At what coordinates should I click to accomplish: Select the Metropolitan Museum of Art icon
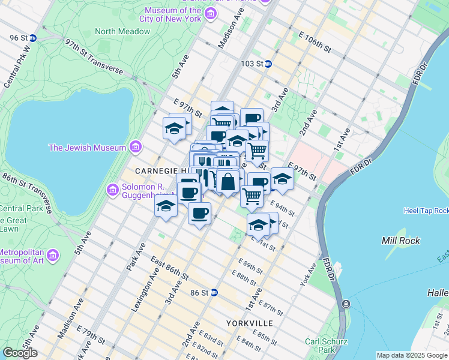(x=52, y=256)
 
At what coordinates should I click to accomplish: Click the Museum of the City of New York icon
(x=210, y=14)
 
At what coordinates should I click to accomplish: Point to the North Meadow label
(x=122, y=31)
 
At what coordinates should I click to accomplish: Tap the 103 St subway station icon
(x=268, y=64)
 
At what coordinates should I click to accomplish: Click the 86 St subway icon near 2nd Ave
(x=214, y=293)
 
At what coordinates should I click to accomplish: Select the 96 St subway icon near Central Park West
(x=33, y=38)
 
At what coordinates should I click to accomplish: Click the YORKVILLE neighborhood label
(x=250, y=323)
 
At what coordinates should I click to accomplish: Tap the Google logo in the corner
(x=20, y=353)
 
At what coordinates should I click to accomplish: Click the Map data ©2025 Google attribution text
(x=411, y=355)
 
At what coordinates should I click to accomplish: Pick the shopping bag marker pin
(x=228, y=181)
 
